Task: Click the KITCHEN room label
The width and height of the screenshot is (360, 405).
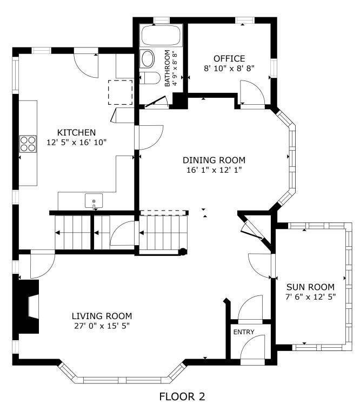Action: click(76, 132)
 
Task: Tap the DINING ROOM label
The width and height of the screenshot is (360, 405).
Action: click(214, 160)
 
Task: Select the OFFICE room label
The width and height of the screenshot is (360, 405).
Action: click(229, 59)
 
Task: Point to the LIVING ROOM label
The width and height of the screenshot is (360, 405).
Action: click(102, 316)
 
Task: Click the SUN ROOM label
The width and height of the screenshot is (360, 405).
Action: click(310, 287)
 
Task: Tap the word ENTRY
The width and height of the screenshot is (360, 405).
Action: click(244, 332)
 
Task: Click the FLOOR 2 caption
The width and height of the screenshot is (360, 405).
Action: click(182, 396)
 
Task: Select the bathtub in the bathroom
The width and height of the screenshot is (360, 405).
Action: click(161, 36)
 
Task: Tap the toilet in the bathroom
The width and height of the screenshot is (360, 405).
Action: click(150, 78)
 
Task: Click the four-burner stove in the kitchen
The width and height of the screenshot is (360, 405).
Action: click(28, 144)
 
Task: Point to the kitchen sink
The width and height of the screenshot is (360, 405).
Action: click(94, 201)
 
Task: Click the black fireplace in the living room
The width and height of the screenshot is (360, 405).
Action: click(26, 307)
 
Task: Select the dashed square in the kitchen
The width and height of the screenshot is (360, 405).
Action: click(120, 92)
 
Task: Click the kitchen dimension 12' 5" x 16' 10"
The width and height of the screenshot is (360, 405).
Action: click(77, 143)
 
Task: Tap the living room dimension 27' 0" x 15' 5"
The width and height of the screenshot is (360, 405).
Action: click(102, 326)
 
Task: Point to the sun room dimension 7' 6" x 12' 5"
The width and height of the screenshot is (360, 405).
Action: click(310, 297)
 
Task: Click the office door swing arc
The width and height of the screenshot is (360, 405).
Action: click(257, 87)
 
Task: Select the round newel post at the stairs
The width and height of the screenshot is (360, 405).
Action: click(183, 252)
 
